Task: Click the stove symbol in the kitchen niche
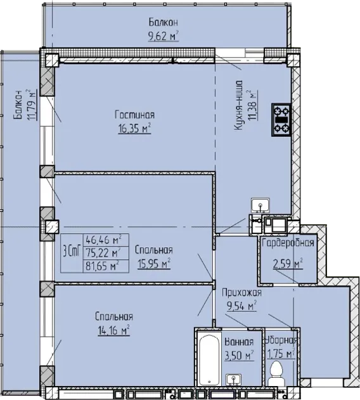281,120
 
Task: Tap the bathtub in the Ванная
209,360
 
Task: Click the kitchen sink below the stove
260,205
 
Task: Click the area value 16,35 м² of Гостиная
134,129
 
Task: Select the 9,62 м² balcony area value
164,36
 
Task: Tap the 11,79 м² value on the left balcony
32,105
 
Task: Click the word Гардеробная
288,243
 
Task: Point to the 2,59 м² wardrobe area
288,264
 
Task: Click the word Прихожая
241,293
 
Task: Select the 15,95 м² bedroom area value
154,264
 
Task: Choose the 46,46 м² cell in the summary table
103,240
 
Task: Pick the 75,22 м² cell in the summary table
103,253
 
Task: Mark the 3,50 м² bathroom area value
239,355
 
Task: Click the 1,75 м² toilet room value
281,354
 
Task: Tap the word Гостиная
135,115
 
